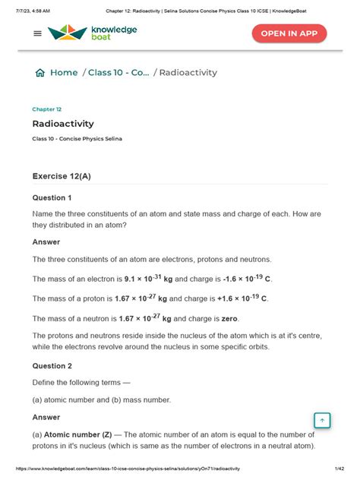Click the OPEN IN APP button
(x=289, y=34)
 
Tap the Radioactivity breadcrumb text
(x=188, y=73)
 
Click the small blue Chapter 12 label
(x=46, y=109)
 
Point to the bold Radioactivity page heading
(x=63, y=124)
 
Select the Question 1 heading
(x=52, y=197)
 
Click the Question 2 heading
(x=52, y=365)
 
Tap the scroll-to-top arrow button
(x=321, y=421)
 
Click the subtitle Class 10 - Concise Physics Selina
(x=77, y=139)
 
